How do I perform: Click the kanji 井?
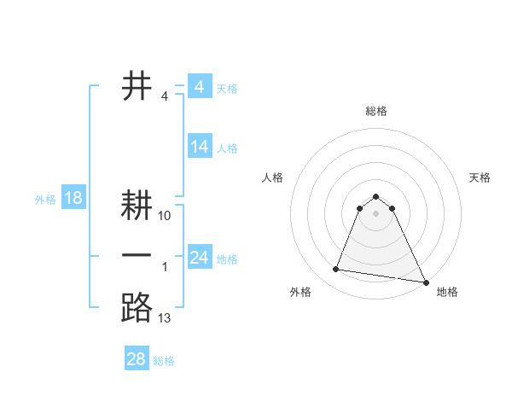coord(137,86)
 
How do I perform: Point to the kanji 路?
coord(137,306)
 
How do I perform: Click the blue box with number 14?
coord(200,147)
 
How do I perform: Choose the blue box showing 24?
coord(200,258)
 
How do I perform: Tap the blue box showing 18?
coord(73,199)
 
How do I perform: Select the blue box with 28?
coord(137,358)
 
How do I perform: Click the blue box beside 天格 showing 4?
coord(200,87)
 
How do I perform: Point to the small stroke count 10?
coord(165,216)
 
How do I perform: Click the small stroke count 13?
coord(165,318)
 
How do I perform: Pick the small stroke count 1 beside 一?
coord(165,268)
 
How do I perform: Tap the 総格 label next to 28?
coord(164,361)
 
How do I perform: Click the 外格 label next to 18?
coord(45,200)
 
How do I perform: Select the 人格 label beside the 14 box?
coord(227,148)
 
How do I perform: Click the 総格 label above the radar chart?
coord(376,111)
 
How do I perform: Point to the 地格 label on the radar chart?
coord(447,292)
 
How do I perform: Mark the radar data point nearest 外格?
coord(336,270)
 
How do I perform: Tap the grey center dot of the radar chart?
coord(376,213)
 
